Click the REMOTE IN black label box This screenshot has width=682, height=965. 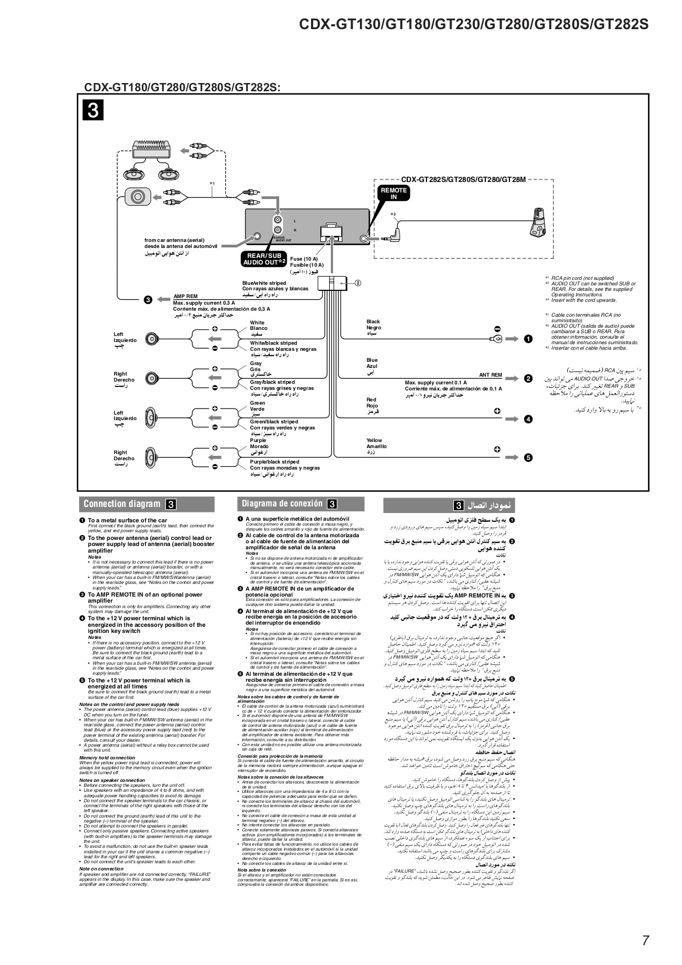(393, 194)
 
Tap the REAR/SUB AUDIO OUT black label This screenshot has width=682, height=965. (264, 259)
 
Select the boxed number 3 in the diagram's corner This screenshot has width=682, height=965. (93, 111)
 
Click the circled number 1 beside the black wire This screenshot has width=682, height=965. (528, 339)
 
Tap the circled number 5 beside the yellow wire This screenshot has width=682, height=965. (528, 457)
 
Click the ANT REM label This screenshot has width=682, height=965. (490, 375)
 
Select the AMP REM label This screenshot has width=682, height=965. (185, 296)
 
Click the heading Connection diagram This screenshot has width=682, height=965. (122, 504)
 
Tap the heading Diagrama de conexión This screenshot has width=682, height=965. (282, 504)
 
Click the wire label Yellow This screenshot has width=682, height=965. (374, 440)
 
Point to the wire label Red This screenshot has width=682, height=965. (372, 400)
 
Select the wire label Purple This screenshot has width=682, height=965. (258, 440)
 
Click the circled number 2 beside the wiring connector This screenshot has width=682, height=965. (357, 283)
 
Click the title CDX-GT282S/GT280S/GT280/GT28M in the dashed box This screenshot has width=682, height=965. (463, 179)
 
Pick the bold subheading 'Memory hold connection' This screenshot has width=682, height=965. (107, 758)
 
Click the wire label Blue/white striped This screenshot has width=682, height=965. (264, 283)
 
